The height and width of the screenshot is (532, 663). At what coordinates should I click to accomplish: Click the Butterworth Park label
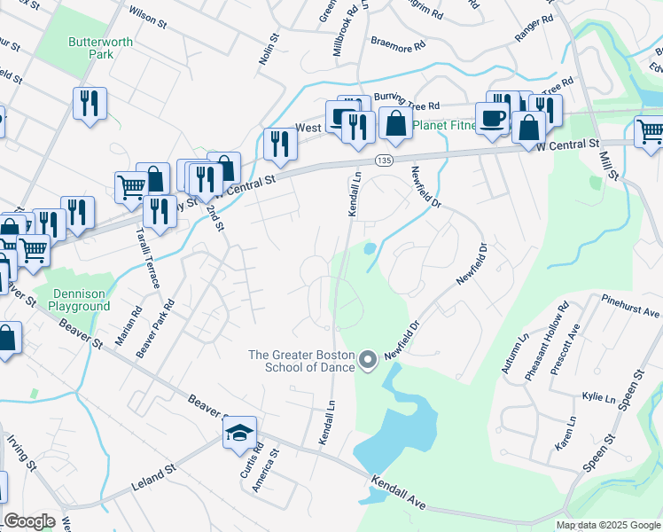(91, 47)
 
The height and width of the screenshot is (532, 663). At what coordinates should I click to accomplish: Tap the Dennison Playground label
(79, 300)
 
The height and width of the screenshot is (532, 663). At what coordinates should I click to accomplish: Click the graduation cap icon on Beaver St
(239, 434)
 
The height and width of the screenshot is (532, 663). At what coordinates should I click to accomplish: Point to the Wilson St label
(148, 14)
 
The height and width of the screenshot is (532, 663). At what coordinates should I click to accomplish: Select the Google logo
(29, 521)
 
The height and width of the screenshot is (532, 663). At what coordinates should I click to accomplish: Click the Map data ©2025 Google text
(608, 525)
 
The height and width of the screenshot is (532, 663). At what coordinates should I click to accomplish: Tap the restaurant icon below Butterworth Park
(90, 104)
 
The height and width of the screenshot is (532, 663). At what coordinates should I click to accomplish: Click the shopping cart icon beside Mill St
(651, 132)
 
